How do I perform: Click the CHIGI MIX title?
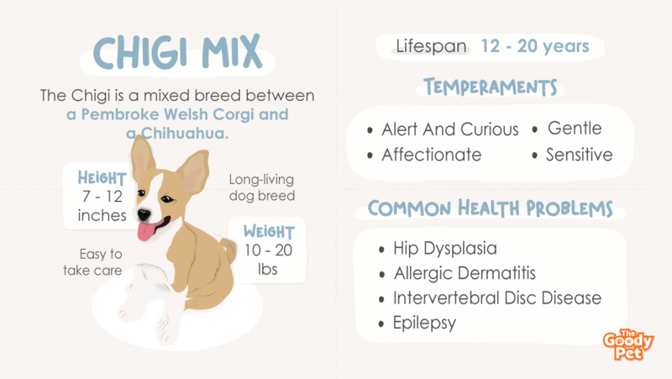point(177,52)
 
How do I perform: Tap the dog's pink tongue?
point(146,231)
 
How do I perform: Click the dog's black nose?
point(144,214)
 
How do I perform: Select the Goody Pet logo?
point(628,345)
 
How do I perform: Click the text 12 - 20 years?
point(535,46)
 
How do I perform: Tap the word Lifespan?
point(431,46)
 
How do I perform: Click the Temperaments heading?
point(491,87)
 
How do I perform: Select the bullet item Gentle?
point(575,129)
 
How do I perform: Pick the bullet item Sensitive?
point(579,155)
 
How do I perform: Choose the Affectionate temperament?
point(432,155)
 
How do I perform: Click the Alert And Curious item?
point(450,129)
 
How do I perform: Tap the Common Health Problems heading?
point(491,208)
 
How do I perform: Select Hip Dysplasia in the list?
point(445,249)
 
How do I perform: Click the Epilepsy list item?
point(424,324)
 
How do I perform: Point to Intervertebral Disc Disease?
point(497,298)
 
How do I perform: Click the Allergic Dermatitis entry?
point(465,273)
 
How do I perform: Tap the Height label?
point(102,178)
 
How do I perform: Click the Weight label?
point(269,231)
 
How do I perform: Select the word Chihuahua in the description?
point(185,134)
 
